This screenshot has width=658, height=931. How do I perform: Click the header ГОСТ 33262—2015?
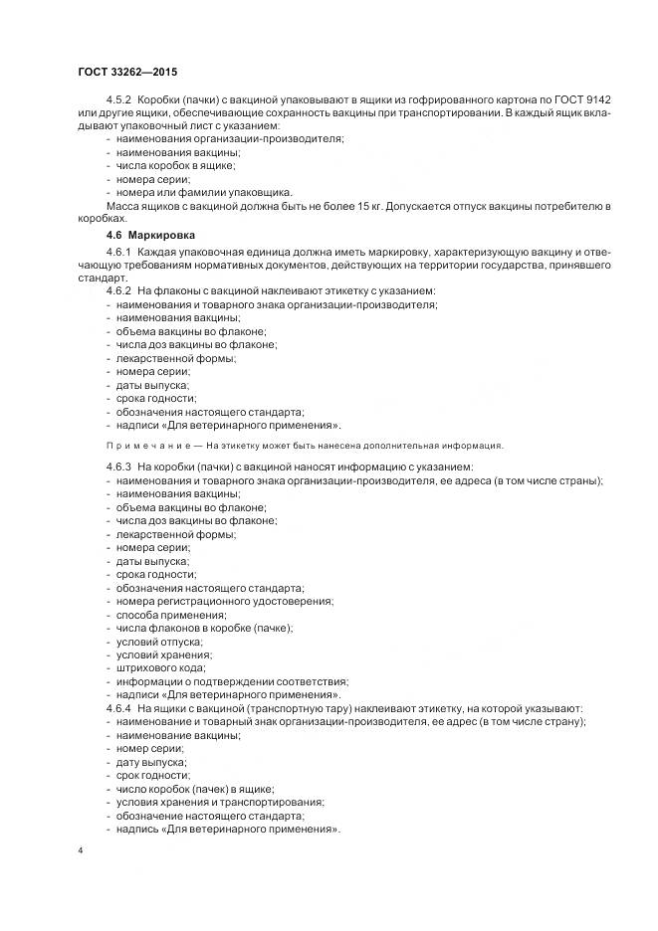tap(127, 73)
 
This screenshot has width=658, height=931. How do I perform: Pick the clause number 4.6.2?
tap(121, 290)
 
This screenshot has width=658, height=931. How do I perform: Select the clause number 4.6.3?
tap(121, 466)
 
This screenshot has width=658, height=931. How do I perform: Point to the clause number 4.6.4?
tap(121, 707)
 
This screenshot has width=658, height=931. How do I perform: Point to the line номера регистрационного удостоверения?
tap(224, 601)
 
